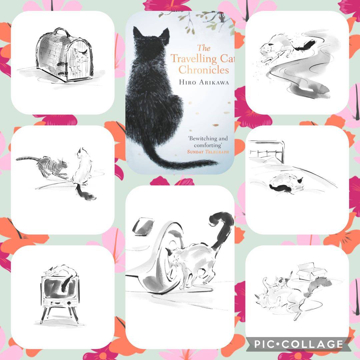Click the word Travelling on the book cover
pos(194,59)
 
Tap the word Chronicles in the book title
pos(204,70)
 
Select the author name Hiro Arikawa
pos(204,82)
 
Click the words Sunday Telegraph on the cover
pos(208,152)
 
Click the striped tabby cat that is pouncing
pos(44,166)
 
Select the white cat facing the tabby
pos(83,172)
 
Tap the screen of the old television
pos(59,288)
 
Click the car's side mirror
pos(143,226)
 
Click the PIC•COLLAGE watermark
pos(298,344)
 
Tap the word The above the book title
pos(204,48)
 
